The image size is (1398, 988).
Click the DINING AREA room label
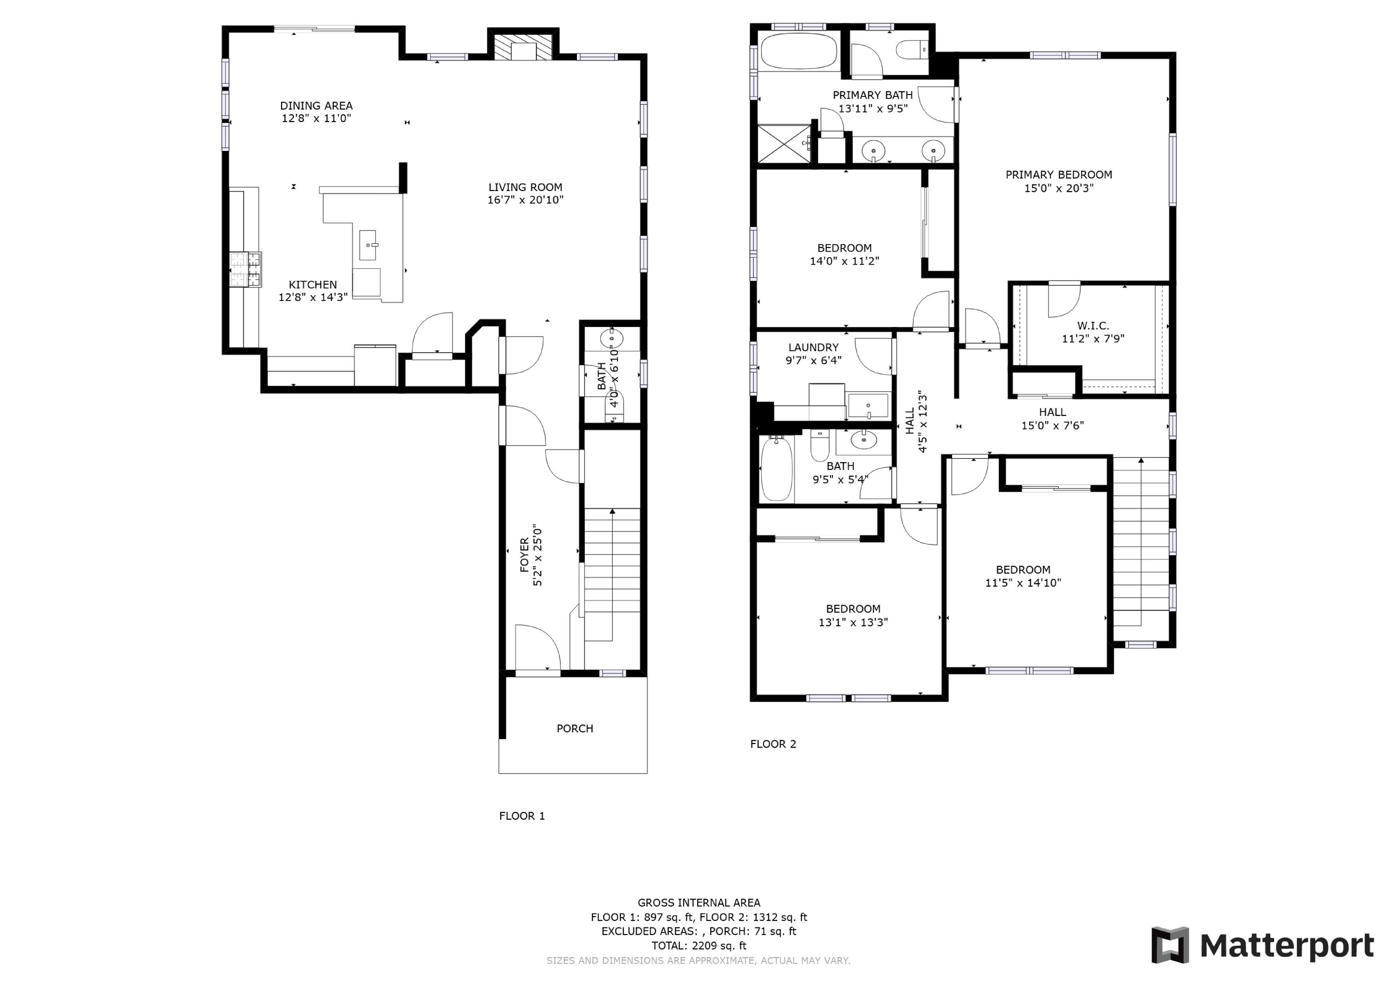coord(316,106)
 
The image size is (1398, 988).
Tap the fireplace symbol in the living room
coord(522,48)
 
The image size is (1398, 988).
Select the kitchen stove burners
coord(246,270)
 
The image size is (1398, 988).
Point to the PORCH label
coord(574,729)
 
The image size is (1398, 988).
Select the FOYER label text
coord(524,555)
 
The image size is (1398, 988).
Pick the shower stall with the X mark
coord(784,143)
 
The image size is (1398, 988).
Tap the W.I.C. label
coord(1093,326)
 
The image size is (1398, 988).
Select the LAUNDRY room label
coord(814,348)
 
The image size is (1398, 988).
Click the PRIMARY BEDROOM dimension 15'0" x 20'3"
coord(1058,188)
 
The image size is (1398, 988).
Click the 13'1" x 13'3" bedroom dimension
coord(853,622)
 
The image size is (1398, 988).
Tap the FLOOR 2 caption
coord(773,744)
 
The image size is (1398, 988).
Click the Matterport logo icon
coord(1169,946)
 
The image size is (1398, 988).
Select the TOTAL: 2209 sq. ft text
coord(699,946)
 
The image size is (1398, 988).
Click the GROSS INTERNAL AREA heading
coord(699,903)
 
